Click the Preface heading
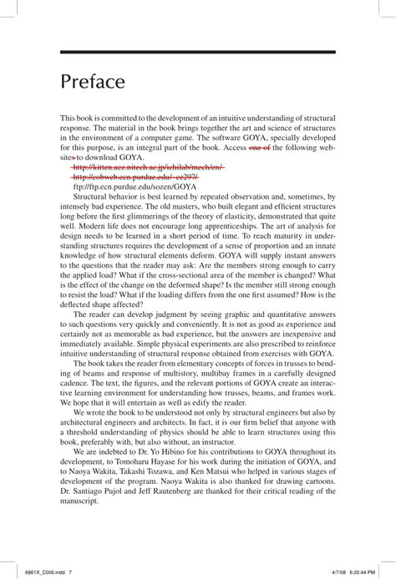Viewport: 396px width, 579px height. click(x=93, y=83)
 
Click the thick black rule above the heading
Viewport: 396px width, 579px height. click(x=198, y=52)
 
